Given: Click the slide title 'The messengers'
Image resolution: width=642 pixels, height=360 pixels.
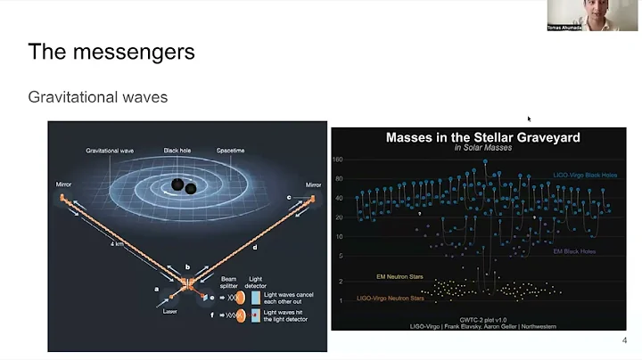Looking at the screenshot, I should (111, 52).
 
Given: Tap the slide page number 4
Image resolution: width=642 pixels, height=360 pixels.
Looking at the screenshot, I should (623, 341).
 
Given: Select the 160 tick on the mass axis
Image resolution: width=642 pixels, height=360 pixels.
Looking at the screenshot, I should (338, 160).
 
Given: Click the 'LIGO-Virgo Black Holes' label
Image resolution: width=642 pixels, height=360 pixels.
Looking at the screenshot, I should (584, 176).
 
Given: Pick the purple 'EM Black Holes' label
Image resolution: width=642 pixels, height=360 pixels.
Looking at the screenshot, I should (577, 251).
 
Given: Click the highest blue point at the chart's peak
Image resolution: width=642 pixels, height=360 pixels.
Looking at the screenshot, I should (485, 161).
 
